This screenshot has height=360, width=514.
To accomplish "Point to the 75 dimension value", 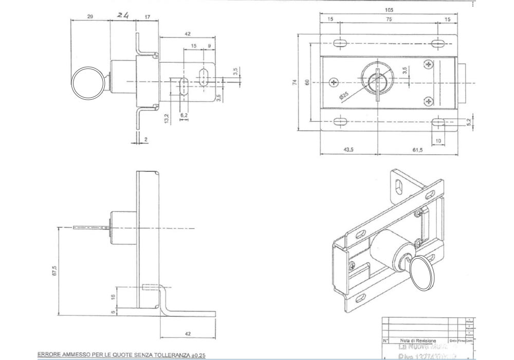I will [389, 19].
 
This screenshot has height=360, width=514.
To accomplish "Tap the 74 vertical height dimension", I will [296, 82].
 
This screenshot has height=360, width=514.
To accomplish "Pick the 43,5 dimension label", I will [348, 150].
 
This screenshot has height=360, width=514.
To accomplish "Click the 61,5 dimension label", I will [417, 150].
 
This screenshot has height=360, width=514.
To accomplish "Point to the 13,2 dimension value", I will [166, 119].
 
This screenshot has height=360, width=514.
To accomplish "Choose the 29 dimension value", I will [90, 17].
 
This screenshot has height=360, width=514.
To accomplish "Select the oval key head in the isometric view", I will [424, 273].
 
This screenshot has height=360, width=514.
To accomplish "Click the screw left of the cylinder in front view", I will [336, 83].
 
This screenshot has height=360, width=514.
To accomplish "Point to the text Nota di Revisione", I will [418, 340].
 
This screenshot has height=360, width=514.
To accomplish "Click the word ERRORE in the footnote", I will [48, 355].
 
